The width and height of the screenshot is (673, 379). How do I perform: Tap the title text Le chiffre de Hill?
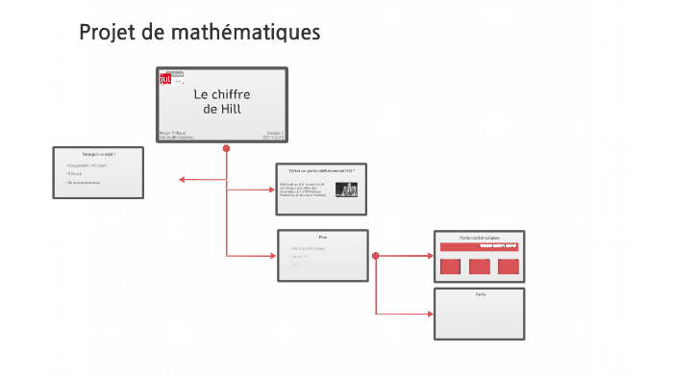coord(222,101)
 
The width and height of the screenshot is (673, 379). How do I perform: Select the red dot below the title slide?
coord(226,148)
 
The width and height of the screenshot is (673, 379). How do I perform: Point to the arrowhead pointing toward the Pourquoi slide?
coord(183,179)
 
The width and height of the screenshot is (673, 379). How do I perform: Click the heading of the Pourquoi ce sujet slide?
coord(98,154)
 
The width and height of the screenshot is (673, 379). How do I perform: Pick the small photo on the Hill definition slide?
coord(345,189)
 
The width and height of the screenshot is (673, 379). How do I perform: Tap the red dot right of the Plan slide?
coord(376,256)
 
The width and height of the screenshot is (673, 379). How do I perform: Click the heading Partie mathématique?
coord(479,237)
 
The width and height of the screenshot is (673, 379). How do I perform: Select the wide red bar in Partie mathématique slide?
coord(479,247)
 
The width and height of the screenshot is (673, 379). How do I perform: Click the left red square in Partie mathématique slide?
coord(451,266)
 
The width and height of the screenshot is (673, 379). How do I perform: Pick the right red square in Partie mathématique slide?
coord(509,266)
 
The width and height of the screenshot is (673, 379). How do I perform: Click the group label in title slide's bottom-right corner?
coord(274,131)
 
